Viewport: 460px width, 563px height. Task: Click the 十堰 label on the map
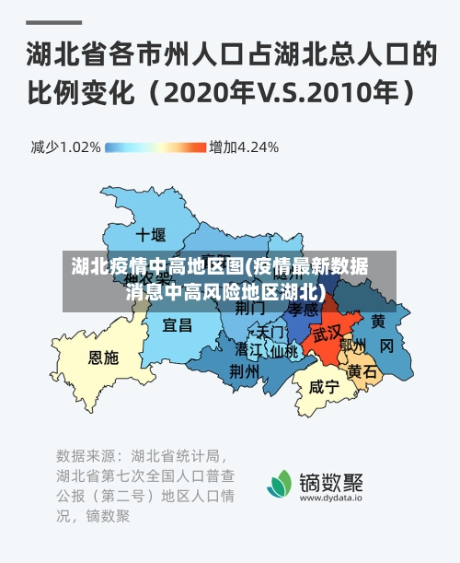[x=150, y=234]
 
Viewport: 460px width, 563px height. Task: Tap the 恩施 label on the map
[x=103, y=358]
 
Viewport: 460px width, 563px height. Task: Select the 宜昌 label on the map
[x=178, y=325]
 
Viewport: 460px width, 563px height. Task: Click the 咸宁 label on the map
[x=324, y=387]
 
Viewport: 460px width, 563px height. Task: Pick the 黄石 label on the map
[x=362, y=371]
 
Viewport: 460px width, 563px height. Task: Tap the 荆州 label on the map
[x=244, y=371]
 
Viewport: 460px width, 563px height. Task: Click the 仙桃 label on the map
[x=284, y=351]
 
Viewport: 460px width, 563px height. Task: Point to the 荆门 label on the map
[x=249, y=308]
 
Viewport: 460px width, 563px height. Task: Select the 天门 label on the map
[x=271, y=330]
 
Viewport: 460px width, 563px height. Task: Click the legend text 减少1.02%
[x=65, y=147]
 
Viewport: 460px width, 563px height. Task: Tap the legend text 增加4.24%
[x=244, y=147]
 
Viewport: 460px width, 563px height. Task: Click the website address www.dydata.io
[x=330, y=498]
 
